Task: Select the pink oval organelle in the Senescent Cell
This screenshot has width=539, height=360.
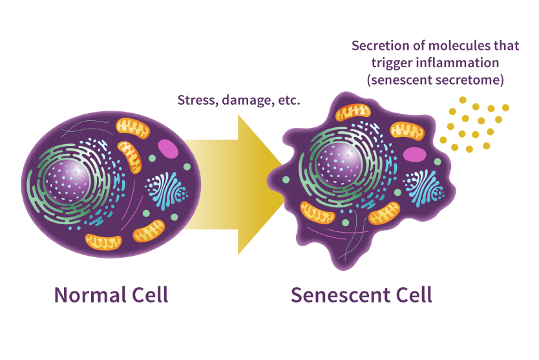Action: (x=414, y=154)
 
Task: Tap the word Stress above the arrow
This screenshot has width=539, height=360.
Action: (x=195, y=101)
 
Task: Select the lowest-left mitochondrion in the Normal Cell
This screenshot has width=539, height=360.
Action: (x=103, y=242)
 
